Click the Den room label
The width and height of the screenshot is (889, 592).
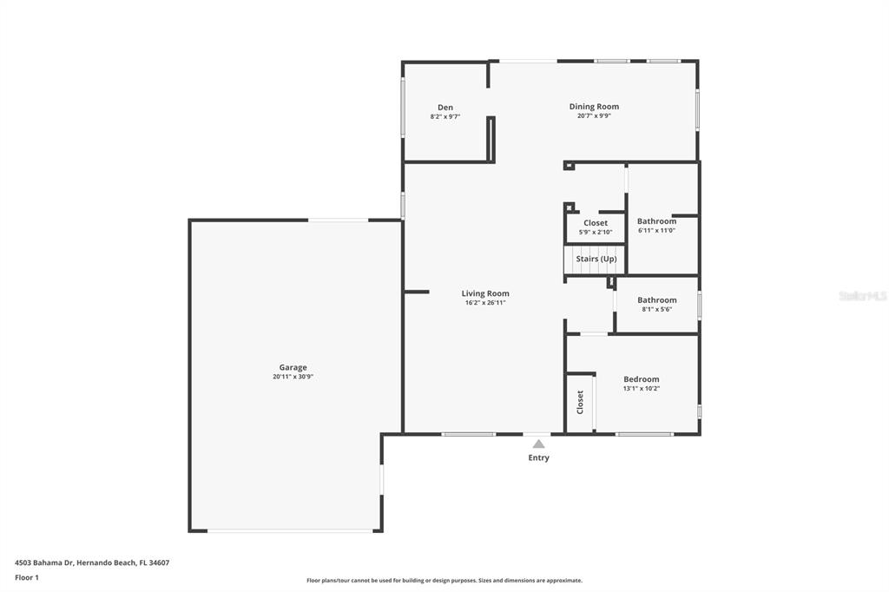(x=445, y=107)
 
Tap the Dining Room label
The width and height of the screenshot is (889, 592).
(x=594, y=107)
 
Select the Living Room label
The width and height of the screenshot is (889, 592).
(x=485, y=293)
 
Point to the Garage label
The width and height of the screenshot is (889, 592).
(x=293, y=367)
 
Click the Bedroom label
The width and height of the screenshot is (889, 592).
(x=642, y=379)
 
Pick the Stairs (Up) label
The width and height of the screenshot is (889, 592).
(x=596, y=259)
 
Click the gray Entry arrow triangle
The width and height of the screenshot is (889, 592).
(x=538, y=444)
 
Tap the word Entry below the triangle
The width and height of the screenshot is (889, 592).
(x=538, y=457)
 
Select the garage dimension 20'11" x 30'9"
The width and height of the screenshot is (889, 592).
(x=293, y=377)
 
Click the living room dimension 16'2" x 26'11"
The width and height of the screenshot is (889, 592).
(x=485, y=303)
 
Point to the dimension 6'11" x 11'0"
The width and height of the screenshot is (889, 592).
(x=656, y=230)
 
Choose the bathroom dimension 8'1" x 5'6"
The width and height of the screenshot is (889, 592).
(x=657, y=309)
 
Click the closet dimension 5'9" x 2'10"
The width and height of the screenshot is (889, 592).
(x=596, y=232)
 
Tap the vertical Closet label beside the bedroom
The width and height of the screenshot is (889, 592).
(x=580, y=402)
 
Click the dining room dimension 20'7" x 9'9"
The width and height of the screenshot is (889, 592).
(x=594, y=115)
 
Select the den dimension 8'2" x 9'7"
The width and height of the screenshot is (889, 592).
(x=445, y=116)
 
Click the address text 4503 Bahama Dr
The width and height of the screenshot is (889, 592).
(x=44, y=563)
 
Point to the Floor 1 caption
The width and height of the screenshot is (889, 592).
(x=27, y=578)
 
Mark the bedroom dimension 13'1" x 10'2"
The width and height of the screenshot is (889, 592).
(x=642, y=388)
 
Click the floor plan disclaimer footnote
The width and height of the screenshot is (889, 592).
(x=444, y=581)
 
